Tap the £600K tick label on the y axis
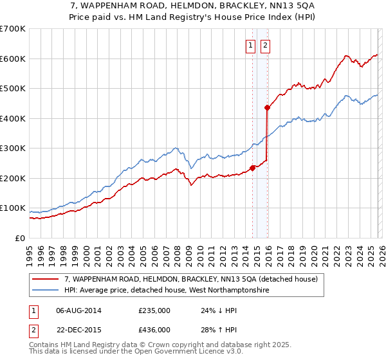[x=13, y=59]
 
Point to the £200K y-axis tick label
[x=13, y=178]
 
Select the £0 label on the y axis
[x=21, y=238]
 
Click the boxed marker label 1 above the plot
[x=250, y=45]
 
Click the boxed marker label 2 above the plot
[x=264, y=45]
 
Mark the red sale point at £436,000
[x=267, y=107]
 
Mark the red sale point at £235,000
[x=252, y=168]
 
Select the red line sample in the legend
[x=46, y=280]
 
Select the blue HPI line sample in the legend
[x=46, y=291]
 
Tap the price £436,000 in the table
[x=154, y=329]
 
